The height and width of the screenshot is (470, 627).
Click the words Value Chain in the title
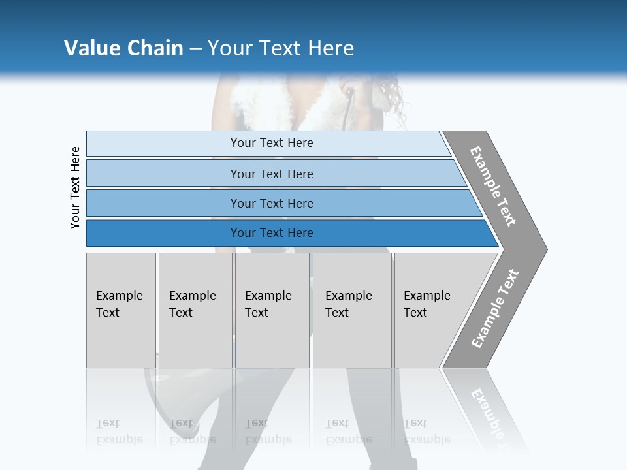[x=123, y=48]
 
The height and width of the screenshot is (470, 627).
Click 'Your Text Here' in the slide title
[x=281, y=48]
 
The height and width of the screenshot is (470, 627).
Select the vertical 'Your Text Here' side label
[x=75, y=188]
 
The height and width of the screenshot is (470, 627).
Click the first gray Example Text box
[x=121, y=310]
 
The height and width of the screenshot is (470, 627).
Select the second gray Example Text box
[x=195, y=310]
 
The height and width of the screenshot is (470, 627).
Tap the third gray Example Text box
[x=272, y=310]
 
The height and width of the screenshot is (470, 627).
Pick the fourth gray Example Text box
[x=352, y=310]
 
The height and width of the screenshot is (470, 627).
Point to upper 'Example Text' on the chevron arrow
[x=493, y=186]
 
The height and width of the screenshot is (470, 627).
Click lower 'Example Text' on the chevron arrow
[x=495, y=309]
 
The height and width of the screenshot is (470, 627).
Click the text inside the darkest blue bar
[x=272, y=233]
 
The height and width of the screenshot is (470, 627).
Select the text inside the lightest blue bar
[x=272, y=143]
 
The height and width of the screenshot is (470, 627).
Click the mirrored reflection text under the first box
[x=119, y=431]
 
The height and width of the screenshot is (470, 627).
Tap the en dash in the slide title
[x=195, y=49]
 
